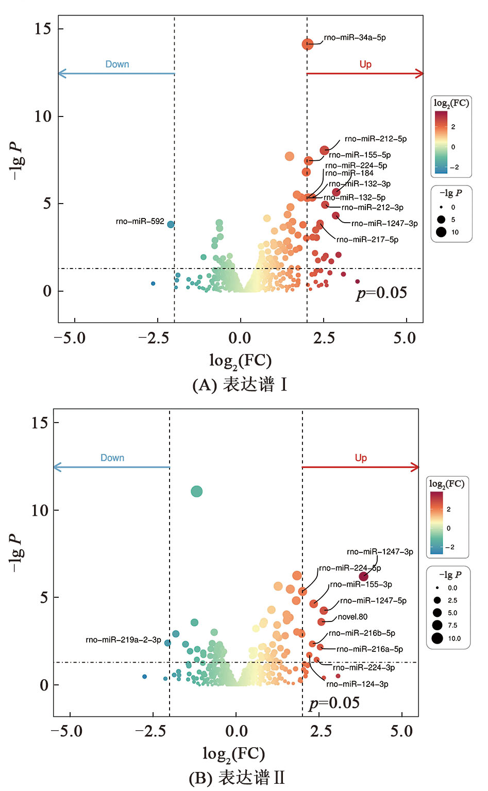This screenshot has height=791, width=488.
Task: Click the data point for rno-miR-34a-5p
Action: point(307,44)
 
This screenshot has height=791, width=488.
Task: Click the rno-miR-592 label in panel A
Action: point(140,222)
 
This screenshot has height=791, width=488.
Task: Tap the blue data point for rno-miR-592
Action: point(171,224)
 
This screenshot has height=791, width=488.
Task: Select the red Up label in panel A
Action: point(365,64)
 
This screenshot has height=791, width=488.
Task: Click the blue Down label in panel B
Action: point(112,458)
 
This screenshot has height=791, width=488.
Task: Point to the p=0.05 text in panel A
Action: point(381,293)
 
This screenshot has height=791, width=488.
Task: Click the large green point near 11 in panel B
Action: point(196,492)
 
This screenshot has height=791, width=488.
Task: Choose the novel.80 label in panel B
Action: point(352,617)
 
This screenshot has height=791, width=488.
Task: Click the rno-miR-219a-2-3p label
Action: point(123,640)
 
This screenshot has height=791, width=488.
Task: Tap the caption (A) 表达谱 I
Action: point(240,385)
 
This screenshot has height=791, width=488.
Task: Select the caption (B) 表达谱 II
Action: point(237,778)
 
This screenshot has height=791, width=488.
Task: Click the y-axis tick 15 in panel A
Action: point(43,29)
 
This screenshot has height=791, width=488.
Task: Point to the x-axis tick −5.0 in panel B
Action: point(66,731)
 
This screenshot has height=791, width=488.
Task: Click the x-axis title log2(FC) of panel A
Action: point(240,361)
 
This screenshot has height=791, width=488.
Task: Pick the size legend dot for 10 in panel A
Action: point(441,232)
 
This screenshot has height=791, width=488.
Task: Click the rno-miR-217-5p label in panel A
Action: point(367,240)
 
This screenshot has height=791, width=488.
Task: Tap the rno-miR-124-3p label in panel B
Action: point(357,684)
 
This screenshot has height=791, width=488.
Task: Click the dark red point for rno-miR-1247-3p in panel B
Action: point(364,576)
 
